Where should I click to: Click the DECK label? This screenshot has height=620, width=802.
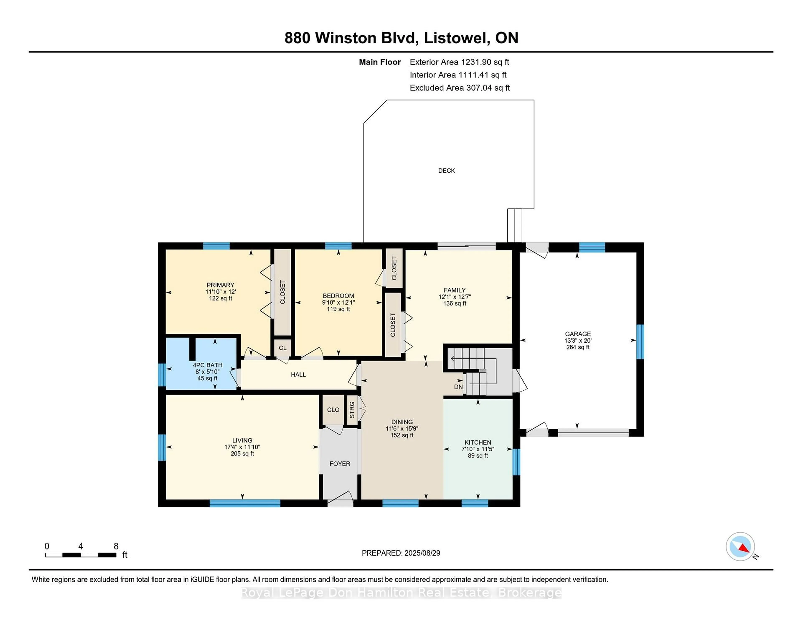coord(447,170)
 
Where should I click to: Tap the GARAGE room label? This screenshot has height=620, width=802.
coord(578,334)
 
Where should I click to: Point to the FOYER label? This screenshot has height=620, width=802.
coord(340,464)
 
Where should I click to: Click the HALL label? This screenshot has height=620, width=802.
coord(298,375)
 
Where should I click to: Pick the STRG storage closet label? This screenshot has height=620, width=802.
coord(352,410)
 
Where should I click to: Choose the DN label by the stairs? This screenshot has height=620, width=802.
coord(458,387)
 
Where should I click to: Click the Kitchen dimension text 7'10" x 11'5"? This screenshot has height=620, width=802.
coord(478,449)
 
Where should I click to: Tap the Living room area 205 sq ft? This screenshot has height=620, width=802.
coord(242,454)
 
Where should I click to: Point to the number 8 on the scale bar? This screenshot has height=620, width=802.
coord(116,546)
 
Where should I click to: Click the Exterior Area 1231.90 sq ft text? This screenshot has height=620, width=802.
coord(459,62)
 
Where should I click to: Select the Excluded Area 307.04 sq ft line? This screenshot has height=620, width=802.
coord(460,88)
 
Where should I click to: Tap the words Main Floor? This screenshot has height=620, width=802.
coord(380,62)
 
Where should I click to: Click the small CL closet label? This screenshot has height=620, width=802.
coord(282,348)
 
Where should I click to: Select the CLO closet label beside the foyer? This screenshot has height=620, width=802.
coord(333,410)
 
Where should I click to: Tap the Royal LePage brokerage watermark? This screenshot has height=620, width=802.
coord(401,593)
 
